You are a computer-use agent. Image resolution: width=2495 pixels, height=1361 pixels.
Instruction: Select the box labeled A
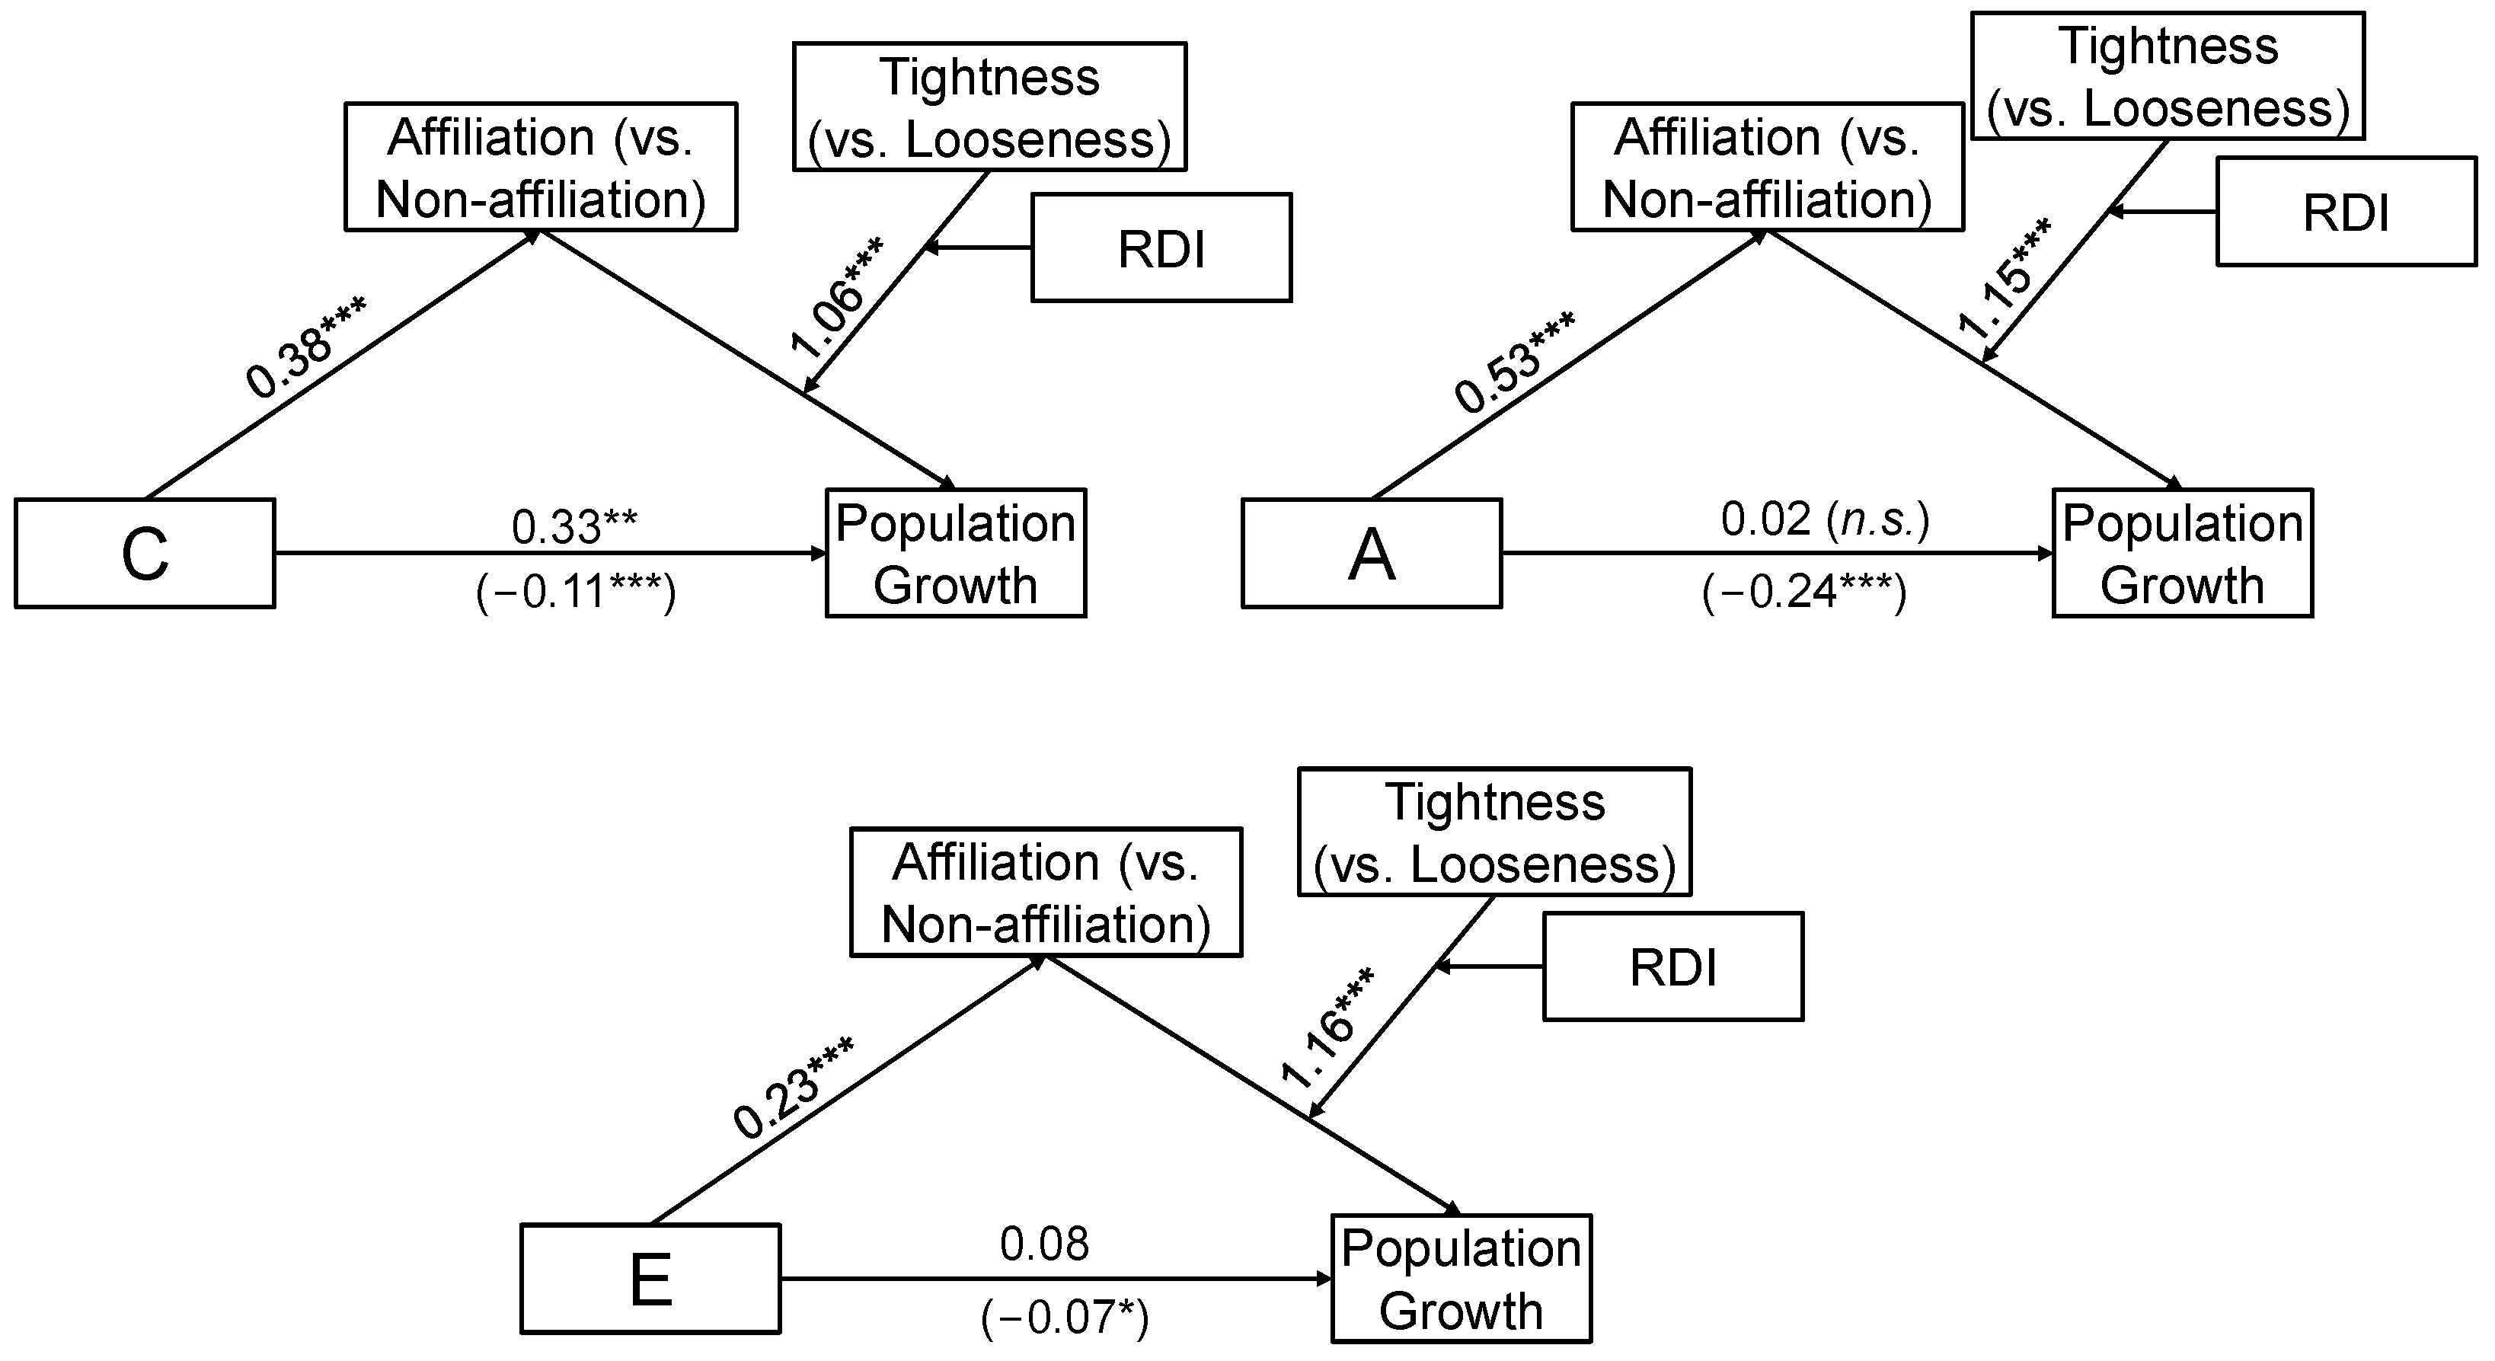1371,553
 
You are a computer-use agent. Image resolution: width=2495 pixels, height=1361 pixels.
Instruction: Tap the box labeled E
650,1278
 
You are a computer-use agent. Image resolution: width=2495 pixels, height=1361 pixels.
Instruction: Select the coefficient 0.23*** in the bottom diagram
792,1087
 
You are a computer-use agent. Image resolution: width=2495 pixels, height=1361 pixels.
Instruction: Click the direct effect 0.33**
574,527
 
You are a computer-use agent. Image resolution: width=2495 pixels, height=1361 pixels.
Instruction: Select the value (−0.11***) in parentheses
575,591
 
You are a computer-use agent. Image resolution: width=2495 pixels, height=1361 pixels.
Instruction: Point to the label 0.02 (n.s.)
1825,520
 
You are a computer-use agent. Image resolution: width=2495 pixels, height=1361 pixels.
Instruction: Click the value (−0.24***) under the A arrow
1803,591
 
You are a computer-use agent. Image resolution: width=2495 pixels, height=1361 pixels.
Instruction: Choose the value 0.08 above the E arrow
1044,1244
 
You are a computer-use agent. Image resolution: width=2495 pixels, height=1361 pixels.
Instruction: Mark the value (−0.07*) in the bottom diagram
1065,1318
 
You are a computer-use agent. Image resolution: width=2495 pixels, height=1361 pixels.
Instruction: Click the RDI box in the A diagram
2345,211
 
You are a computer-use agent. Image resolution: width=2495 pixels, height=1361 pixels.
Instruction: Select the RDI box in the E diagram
1672,966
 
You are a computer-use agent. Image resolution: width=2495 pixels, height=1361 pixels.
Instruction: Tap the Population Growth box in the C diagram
955,553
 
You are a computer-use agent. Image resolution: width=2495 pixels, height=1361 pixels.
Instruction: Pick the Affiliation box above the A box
1767,167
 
